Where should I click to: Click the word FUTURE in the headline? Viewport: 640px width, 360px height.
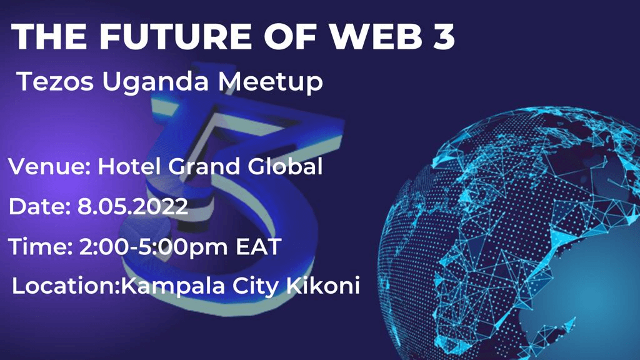[176, 36]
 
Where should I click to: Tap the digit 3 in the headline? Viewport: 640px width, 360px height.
[444, 36]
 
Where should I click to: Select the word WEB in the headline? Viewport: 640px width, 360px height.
[376, 36]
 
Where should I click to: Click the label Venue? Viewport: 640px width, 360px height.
[49, 166]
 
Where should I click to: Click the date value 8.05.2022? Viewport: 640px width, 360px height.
[132, 206]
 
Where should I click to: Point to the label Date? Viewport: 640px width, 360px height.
[39, 206]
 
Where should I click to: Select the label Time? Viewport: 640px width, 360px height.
[41, 247]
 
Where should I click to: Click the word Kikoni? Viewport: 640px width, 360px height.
[323, 285]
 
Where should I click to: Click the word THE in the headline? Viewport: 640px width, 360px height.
[49, 36]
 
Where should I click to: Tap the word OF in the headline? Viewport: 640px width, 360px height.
[290, 36]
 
